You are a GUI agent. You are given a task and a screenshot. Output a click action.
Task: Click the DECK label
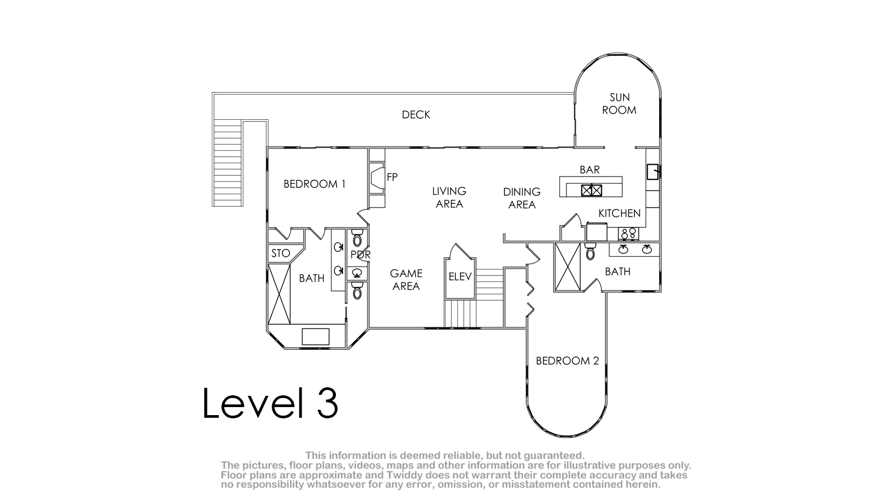tap(416, 114)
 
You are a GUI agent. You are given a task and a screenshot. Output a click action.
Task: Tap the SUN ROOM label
tap(619, 104)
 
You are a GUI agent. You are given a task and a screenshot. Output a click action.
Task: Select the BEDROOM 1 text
tap(315, 184)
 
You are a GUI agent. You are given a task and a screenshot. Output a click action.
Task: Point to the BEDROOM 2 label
tap(567, 361)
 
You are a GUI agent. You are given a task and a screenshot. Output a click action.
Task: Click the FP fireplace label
tap(392, 178)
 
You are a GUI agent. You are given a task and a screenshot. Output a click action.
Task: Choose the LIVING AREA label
tap(449, 197)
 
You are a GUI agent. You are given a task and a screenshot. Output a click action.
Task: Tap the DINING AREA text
tap(522, 198)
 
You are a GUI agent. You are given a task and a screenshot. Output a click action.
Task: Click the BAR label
tap(589, 170)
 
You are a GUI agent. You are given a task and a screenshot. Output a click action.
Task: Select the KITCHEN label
tap(619, 213)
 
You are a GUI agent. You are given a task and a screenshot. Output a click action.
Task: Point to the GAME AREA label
tap(406, 279)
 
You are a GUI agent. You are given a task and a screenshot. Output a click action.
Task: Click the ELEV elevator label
tap(460, 277)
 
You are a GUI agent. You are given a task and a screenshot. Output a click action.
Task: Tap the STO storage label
tap(281, 254)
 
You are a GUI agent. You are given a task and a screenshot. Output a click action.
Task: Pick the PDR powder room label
tap(361, 255)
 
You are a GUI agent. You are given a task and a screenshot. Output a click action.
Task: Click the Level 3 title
tap(270, 403)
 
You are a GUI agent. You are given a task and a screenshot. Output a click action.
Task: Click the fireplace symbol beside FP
tap(377, 178)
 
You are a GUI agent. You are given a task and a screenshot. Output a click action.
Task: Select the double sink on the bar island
tap(591, 190)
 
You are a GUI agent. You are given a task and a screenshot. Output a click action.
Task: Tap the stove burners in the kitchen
tap(628, 234)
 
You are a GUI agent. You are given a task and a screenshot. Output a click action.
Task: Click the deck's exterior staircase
tap(227, 163)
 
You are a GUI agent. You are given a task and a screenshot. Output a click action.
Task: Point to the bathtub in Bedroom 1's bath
tap(279, 294)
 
